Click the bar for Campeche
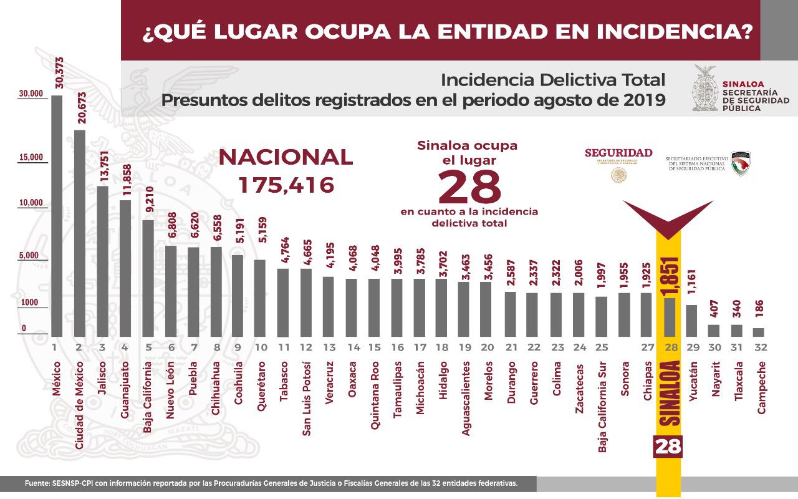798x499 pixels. (759, 332)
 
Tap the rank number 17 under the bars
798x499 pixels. (420, 347)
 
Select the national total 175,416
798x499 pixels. (286, 185)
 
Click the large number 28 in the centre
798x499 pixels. (469, 188)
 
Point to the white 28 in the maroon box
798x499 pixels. (668, 446)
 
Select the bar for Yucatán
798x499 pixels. (691, 320)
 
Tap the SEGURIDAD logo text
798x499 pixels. (618, 153)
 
